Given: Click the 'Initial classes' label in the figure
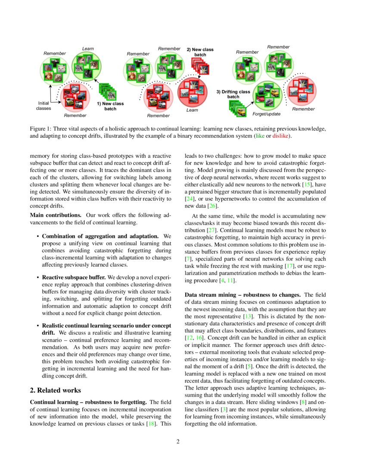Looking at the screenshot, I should tap(43, 106).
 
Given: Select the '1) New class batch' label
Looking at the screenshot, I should tap(110, 106).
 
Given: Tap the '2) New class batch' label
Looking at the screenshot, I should tap(200, 52).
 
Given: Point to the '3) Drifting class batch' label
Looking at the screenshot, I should tap(233, 94).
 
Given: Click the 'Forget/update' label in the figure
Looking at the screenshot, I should tap(266, 114).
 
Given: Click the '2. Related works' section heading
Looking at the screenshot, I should tap(55, 390).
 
